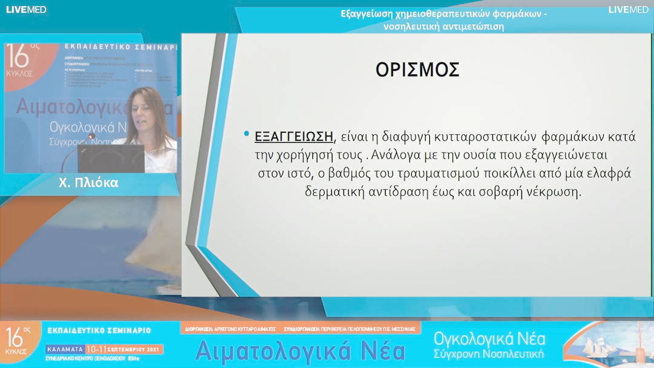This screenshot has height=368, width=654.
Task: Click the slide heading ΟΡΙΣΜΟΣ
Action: point(417,70)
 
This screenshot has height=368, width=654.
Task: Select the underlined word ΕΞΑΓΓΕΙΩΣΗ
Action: point(294,136)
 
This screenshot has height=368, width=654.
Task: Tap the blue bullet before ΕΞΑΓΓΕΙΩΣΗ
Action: point(246,134)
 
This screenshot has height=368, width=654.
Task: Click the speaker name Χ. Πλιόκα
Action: point(89,183)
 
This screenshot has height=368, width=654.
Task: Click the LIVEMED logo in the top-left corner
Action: point(26,9)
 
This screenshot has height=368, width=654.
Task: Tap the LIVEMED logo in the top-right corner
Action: point(628,9)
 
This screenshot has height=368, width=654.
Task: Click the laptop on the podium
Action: point(110,159)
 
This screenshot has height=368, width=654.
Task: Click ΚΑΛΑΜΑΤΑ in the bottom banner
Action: point(65,350)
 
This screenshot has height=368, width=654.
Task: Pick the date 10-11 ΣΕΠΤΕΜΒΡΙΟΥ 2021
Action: point(124,350)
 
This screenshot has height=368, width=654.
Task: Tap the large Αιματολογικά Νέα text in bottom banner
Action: point(300,350)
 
